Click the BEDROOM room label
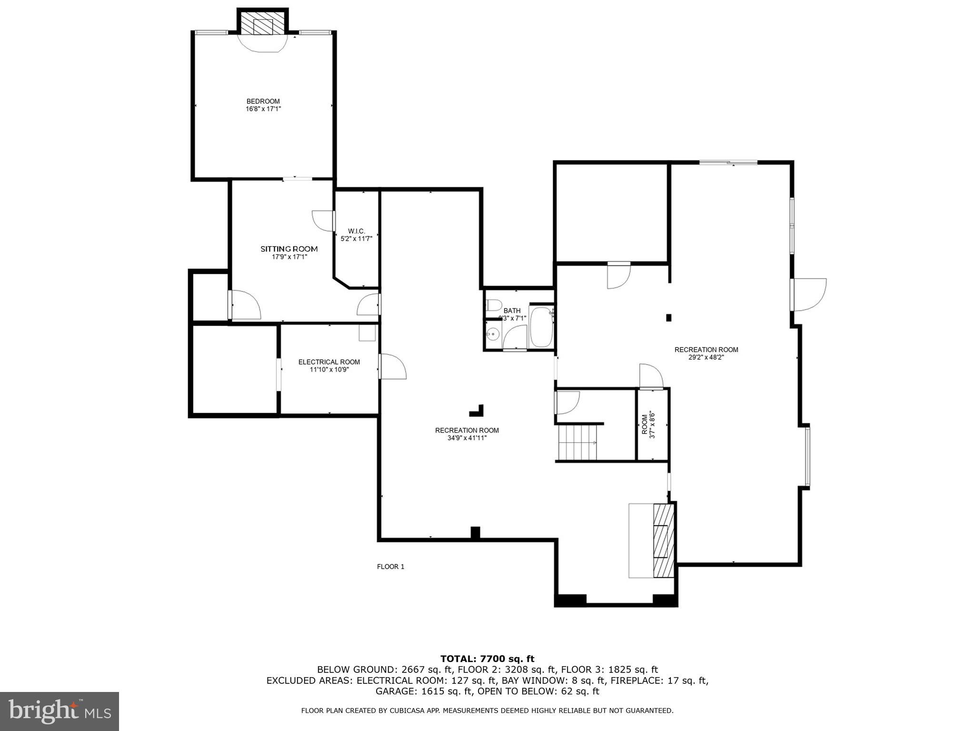pyautogui.click(x=263, y=101)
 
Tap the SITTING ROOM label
pyautogui.click(x=289, y=249)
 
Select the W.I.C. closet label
pyautogui.click(x=356, y=231)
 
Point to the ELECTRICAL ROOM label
pyautogui.click(x=329, y=362)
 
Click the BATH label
pyautogui.click(x=512, y=311)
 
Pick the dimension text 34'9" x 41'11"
pyautogui.click(x=467, y=438)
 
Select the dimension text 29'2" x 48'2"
pyautogui.click(x=706, y=357)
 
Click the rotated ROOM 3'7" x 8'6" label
pyautogui.click(x=648, y=425)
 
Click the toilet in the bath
pyautogui.click(x=493, y=305)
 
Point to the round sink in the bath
pyautogui.click(x=492, y=334)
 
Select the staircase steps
pyautogui.click(x=577, y=442)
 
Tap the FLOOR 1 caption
pyautogui.click(x=390, y=567)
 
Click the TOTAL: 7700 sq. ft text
pyautogui.click(x=487, y=659)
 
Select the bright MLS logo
pyautogui.click(x=60, y=711)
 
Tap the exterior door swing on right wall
pyautogui.click(x=809, y=295)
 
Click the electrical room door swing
pyautogui.click(x=393, y=366)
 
